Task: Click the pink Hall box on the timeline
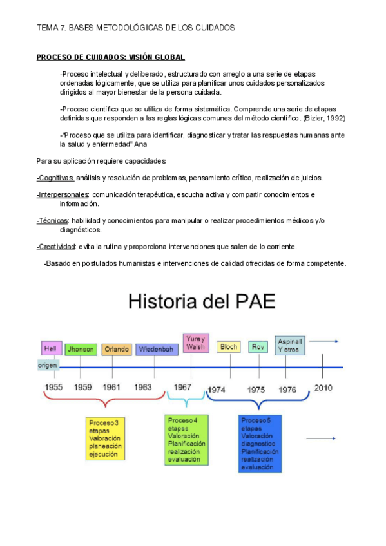pyautogui.click(x=50, y=348)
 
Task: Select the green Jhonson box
pyautogui.click(x=81, y=350)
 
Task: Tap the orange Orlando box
pyautogui.click(x=117, y=350)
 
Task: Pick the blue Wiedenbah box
pyautogui.click(x=153, y=350)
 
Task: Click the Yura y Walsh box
pyautogui.click(x=195, y=343)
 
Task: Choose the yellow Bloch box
pyautogui.click(x=229, y=347)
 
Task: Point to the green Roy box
pyautogui.click(x=258, y=347)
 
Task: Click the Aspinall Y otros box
pyautogui.click(x=290, y=344)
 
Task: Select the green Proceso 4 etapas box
pyautogui.click(x=186, y=440)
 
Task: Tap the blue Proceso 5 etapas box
pyautogui.click(x=259, y=444)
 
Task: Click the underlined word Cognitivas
pyautogui.click(x=55, y=178)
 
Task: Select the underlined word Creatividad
pyautogui.click(x=57, y=247)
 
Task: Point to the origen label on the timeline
pyautogui.click(x=48, y=365)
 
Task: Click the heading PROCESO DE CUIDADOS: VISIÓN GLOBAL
pyautogui.click(x=110, y=57)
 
